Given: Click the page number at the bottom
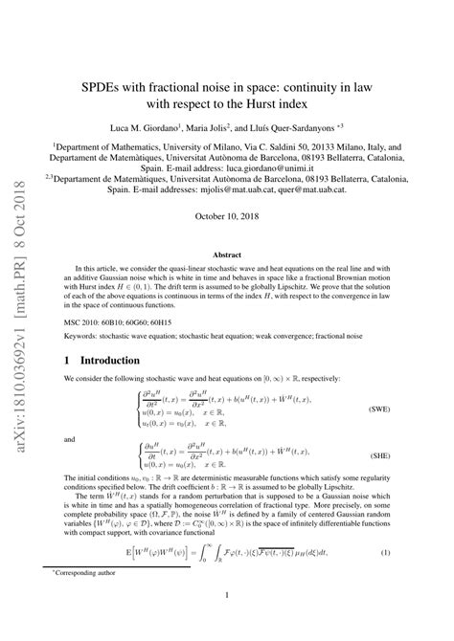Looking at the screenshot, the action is tap(227, 622).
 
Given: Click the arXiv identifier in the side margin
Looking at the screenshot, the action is tap(24, 316).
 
